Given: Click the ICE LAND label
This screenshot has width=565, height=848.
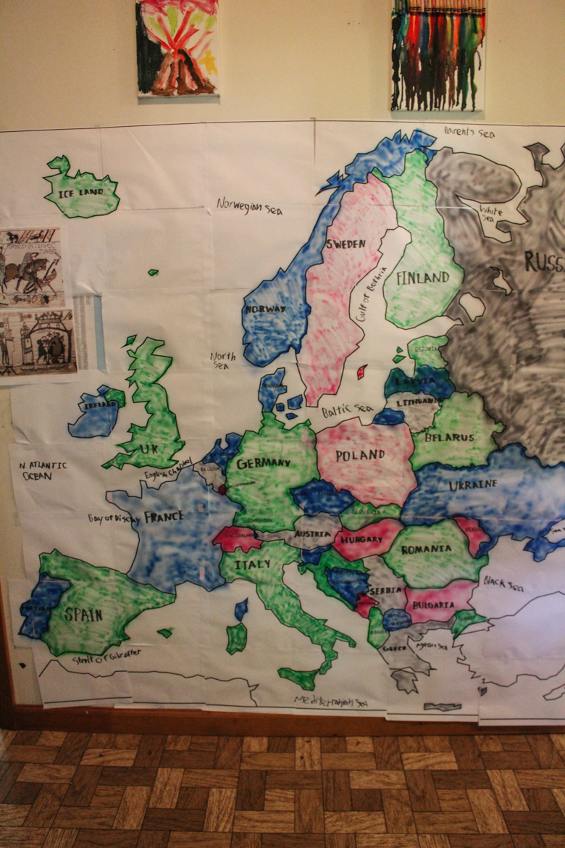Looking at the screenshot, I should pyautogui.click(x=81, y=194).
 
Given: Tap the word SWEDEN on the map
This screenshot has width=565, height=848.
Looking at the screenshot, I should pyautogui.click(x=346, y=244).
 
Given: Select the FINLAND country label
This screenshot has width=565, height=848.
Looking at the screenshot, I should pyautogui.click(x=423, y=278).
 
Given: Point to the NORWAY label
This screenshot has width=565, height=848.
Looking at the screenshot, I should pyautogui.click(x=265, y=309).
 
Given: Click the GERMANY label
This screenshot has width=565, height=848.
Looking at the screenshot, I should pyautogui.click(x=264, y=463).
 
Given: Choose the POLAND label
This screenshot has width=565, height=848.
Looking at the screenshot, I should pyautogui.click(x=360, y=455).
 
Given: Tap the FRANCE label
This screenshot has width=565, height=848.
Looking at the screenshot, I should pyautogui.click(x=164, y=517).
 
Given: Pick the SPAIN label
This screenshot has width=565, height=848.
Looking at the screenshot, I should pyautogui.click(x=83, y=615).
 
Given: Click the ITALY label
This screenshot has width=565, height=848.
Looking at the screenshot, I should pyautogui.click(x=252, y=564).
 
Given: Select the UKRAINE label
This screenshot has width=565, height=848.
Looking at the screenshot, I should pyautogui.click(x=473, y=484).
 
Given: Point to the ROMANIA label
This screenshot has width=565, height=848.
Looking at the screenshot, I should pyautogui.click(x=426, y=549).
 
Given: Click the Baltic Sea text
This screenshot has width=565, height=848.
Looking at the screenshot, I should pyautogui.click(x=347, y=411).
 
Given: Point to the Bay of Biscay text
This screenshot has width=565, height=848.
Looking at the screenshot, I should pyautogui.click(x=113, y=519).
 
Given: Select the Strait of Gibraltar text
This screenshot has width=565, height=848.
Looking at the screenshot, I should pyautogui.click(x=106, y=657).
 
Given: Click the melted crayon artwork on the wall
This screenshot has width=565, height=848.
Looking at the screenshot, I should pyautogui.click(x=438, y=55).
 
